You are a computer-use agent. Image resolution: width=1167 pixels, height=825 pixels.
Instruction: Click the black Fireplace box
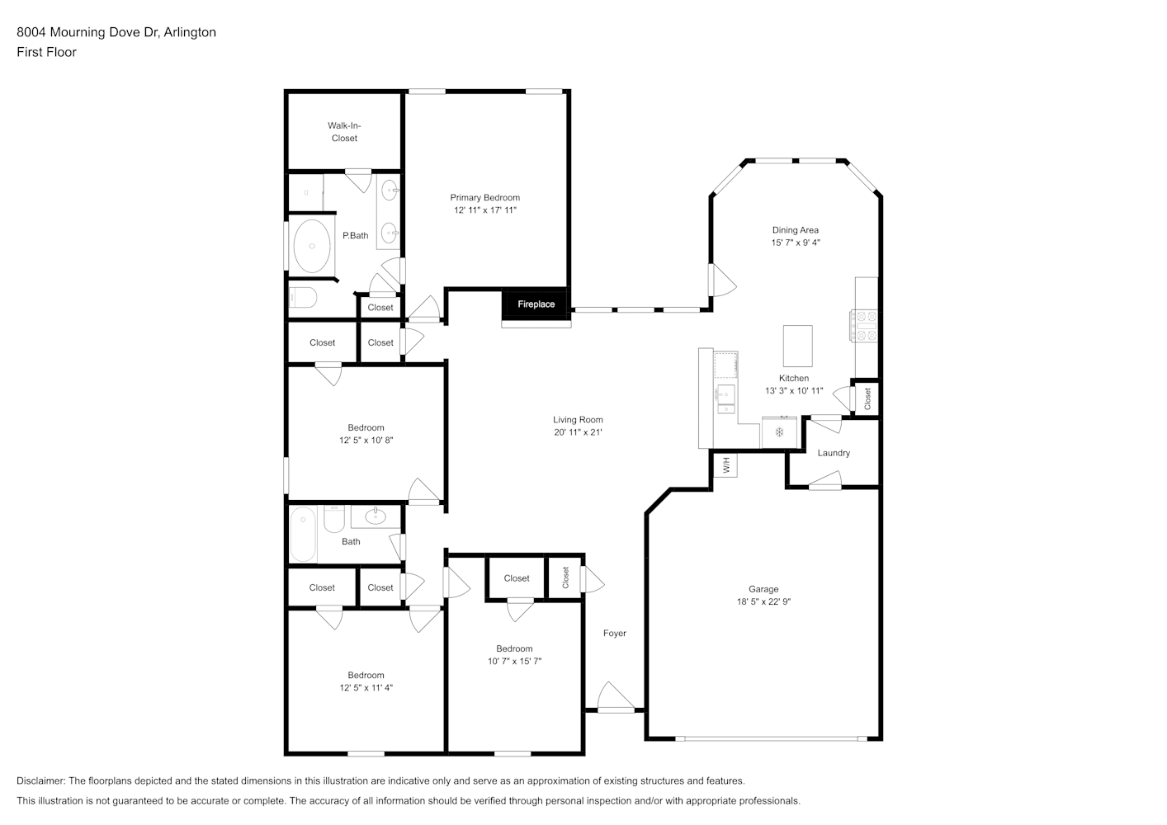pyautogui.click(x=536, y=304)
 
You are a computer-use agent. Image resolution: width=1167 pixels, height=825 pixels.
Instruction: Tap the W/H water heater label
pyautogui.click(x=727, y=464)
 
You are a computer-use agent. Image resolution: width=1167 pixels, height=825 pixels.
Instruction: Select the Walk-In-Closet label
pyautogui.click(x=344, y=132)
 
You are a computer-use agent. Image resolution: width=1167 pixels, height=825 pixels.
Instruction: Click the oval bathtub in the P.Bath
pyautogui.click(x=311, y=246)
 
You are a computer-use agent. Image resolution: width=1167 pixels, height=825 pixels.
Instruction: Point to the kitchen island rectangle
pyautogui.click(x=797, y=346)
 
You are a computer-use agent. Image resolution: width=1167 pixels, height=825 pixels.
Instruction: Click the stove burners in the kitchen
pyautogui.click(x=864, y=326)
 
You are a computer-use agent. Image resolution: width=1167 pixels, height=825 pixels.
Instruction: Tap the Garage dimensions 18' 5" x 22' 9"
pyautogui.click(x=763, y=601)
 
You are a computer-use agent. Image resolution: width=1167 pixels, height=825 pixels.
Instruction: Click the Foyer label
pyautogui.click(x=615, y=633)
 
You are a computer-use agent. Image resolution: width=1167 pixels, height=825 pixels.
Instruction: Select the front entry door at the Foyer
pyautogui.click(x=616, y=698)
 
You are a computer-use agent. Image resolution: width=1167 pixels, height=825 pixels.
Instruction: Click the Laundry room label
pyautogui.click(x=834, y=453)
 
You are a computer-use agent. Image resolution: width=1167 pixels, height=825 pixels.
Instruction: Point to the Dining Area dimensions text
pyautogui.click(x=796, y=243)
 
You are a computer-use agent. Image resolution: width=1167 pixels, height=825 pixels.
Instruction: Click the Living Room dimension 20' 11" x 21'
pyautogui.click(x=578, y=432)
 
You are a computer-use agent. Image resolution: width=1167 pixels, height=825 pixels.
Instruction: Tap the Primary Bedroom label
pyautogui.click(x=484, y=197)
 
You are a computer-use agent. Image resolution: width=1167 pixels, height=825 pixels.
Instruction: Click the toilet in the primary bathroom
pyautogui.click(x=303, y=297)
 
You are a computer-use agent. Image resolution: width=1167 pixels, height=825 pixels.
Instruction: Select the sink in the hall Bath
pyautogui.click(x=375, y=516)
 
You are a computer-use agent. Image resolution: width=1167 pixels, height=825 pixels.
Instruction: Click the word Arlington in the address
pyautogui.click(x=190, y=32)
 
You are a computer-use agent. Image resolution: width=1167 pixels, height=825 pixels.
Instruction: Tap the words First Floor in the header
pyautogui.click(x=46, y=52)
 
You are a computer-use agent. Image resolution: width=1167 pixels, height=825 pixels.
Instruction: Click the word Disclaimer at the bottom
pyautogui.click(x=41, y=780)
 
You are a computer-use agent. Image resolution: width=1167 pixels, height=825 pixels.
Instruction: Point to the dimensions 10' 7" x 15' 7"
pyautogui.click(x=514, y=662)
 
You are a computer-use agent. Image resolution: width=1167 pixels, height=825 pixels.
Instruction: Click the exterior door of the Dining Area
pyautogui.click(x=722, y=280)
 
